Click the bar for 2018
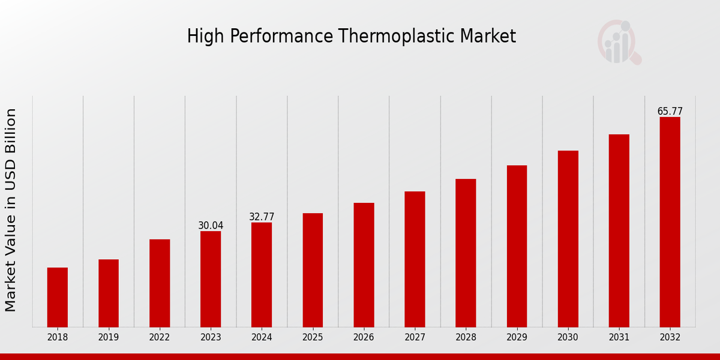58,297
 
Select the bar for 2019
109,293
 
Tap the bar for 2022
160,283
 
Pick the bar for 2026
364,265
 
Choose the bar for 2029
517,246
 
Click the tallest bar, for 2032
670,222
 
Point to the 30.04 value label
211,226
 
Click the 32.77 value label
262,217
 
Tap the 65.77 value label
670,111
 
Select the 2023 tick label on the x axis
211,338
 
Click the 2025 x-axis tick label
313,338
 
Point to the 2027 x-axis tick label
415,338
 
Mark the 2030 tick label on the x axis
568,338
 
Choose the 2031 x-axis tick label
619,338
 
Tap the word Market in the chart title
488,37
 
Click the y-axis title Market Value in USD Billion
11,210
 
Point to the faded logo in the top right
619,42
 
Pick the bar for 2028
466,253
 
